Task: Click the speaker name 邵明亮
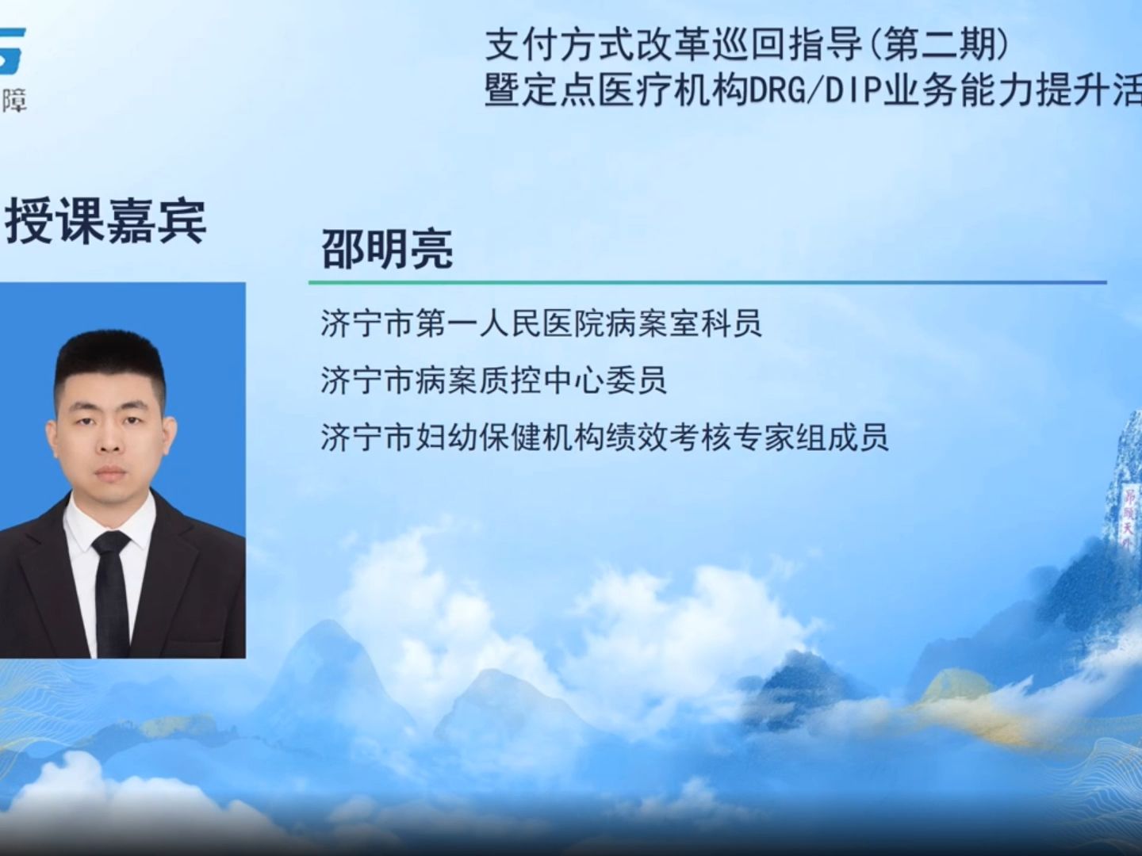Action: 387,248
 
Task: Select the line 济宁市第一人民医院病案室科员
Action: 541,323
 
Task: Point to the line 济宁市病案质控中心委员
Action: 493,380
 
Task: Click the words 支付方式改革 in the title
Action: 579,45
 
